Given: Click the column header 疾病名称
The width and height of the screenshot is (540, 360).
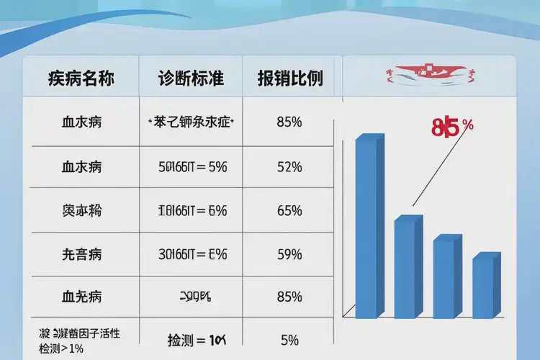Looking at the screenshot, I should [x=81, y=78].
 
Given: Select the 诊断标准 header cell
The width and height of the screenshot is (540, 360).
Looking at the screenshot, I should [x=191, y=78].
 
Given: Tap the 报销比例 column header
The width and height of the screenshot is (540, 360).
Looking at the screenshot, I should [x=289, y=78].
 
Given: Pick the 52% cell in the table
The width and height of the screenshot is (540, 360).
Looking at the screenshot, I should [x=289, y=167].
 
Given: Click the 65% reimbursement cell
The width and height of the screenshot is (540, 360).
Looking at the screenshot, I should [x=289, y=211].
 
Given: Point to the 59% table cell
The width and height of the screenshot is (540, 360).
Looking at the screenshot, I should [x=289, y=254].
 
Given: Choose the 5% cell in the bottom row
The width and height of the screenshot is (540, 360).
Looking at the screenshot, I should [x=289, y=339].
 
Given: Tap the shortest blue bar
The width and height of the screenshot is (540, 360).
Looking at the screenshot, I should [x=485, y=286].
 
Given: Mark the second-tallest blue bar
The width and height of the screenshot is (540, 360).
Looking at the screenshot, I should [x=405, y=266].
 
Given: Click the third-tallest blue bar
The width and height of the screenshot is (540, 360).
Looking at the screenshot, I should [x=445, y=276].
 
